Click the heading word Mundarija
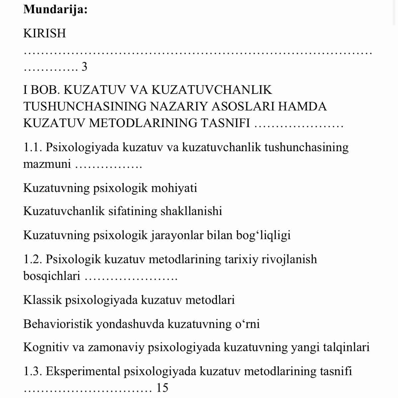(x=55, y=9)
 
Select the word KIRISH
(x=45, y=33)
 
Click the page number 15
(x=162, y=388)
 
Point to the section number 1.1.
(x=32, y=147)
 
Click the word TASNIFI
(x=225, y=123)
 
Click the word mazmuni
(x=47, y=164)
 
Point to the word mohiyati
(x=174, y=188)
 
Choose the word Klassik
(x=42, y=300)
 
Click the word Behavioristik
(x=58, y=324)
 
